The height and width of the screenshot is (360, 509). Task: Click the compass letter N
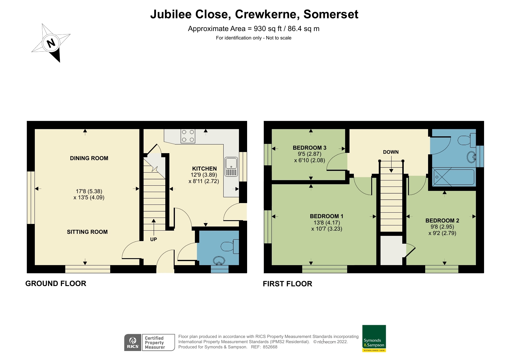pos(51,43)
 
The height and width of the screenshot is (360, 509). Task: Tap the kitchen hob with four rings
pos(188,136)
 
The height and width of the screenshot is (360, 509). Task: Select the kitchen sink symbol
pos(231,167)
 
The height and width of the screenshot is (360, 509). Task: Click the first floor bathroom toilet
pos(467,140)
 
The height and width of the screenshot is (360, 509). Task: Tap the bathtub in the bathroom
pos(454,177)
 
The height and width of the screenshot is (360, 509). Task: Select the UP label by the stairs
pos(153,239)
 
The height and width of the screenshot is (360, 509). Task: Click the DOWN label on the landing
pos(391,152)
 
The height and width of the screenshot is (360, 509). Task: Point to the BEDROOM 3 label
pos(309,148)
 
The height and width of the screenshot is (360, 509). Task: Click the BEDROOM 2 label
pos(442,220)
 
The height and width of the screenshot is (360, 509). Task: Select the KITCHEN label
pos(204,169)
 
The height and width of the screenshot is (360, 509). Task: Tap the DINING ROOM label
pos(89,158)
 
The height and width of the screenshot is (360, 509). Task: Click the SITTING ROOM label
pos(87,232)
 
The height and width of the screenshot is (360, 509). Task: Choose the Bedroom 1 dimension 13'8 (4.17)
pos(327,222)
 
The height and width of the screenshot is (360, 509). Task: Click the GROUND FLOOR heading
pos(56,283)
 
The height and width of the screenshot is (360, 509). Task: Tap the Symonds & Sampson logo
pos(374,338)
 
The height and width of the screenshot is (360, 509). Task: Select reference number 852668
pos(270,347)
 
